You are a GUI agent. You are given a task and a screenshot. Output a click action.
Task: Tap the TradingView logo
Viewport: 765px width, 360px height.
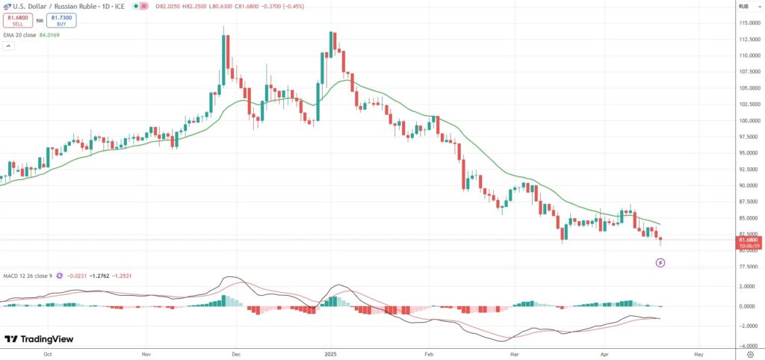click(39, 339)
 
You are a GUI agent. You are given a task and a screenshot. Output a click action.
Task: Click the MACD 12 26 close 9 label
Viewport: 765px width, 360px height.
click(31, 276)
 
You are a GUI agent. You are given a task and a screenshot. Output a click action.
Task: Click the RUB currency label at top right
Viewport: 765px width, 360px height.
click(743, 6)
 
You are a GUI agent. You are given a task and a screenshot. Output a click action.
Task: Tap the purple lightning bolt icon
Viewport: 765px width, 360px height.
click(660, 263)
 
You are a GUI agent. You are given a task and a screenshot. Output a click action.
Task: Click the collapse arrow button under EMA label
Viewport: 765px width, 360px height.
click(8, 46)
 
